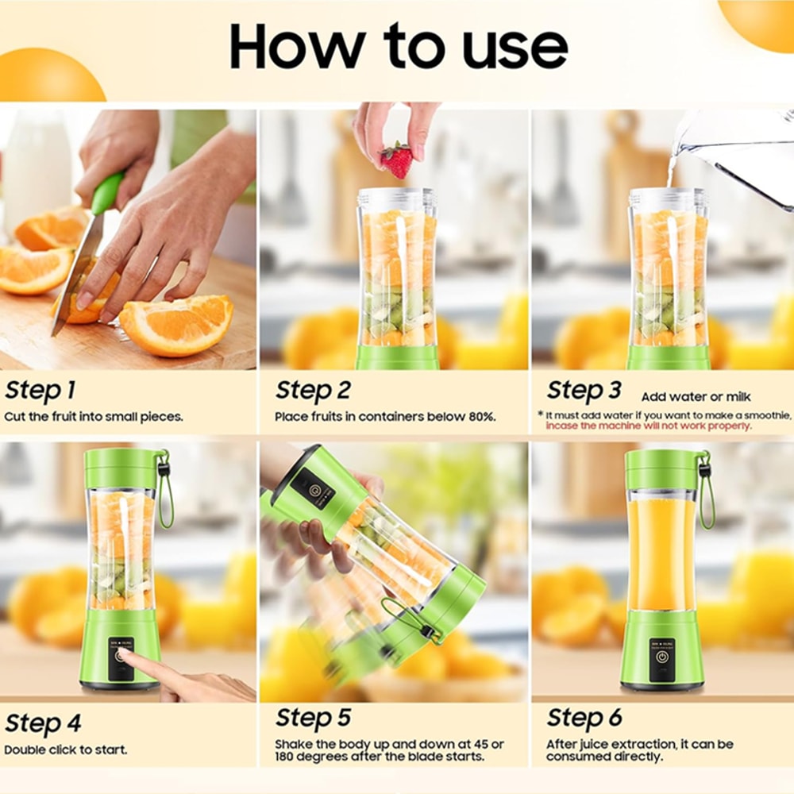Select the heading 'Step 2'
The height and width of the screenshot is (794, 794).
click(313, 391)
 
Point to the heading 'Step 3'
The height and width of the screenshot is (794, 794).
click(584, 391)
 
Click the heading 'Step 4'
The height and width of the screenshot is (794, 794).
click(43, 723)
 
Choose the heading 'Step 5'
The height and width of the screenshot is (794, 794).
click(313, 718)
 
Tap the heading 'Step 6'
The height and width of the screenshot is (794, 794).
click(584, 718)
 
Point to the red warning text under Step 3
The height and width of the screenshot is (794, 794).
click(648, 426)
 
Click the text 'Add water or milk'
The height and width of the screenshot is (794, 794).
click(696, 396)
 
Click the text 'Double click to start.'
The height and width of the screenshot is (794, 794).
click(65, 750)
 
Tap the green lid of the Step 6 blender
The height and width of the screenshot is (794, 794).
click(661, 468)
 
